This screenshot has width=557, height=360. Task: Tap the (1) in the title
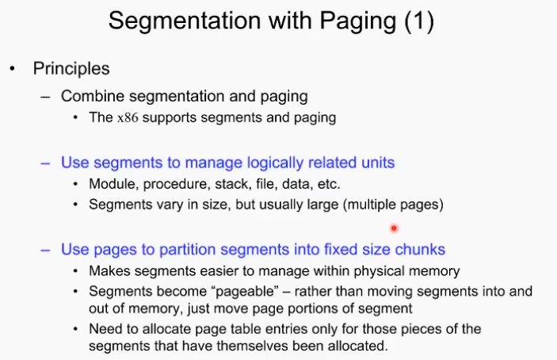(x=418, y=21)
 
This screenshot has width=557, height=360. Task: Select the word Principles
(x=71, y=69)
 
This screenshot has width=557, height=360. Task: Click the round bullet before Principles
(x=12, y=70)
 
